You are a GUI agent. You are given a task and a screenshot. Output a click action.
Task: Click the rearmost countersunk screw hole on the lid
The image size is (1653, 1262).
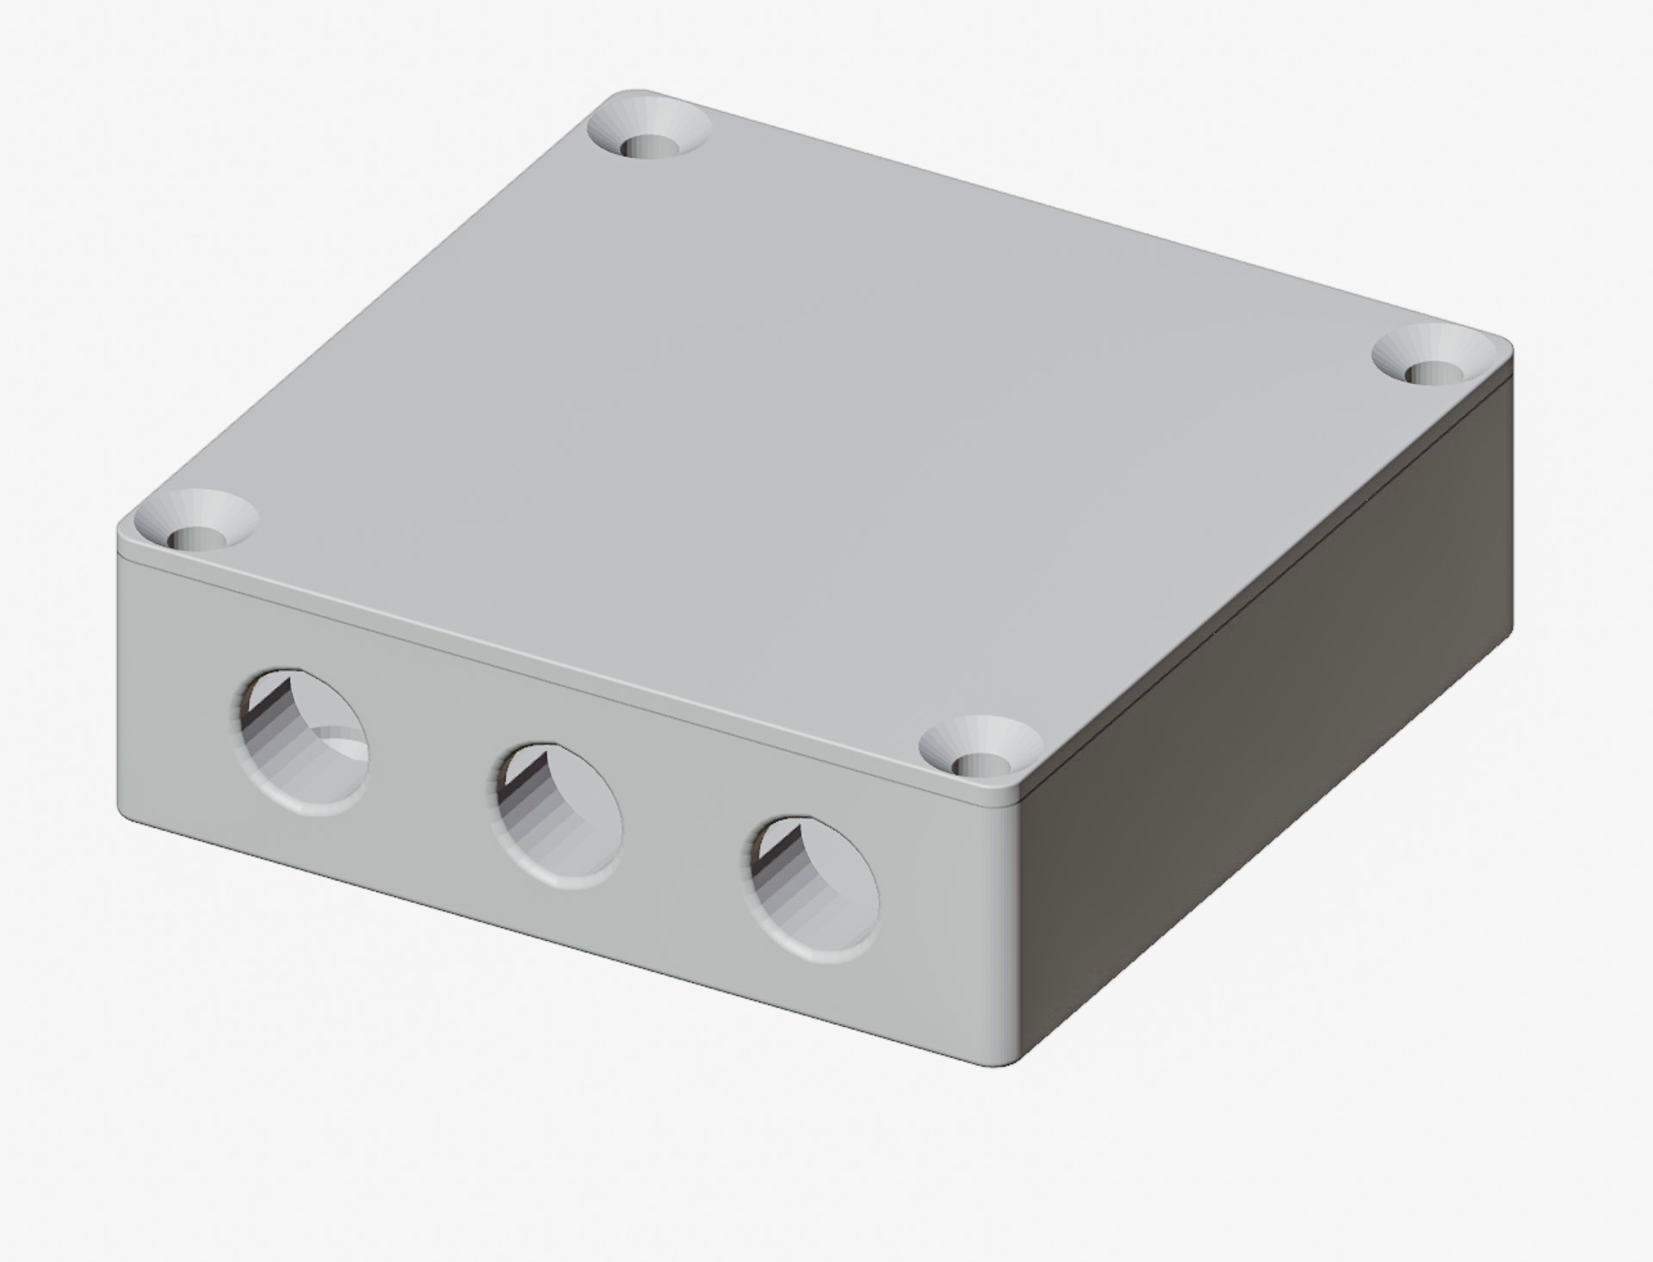(x=650, y=139)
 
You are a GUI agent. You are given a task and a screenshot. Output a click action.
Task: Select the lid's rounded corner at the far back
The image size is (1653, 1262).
(x=633, y=93)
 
